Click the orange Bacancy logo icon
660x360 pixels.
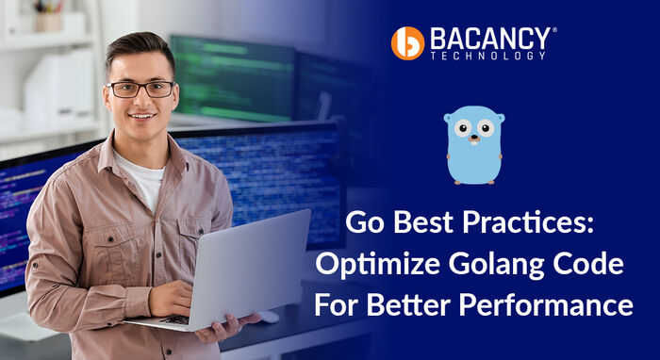(x=407, y=42)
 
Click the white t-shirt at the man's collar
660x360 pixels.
(x=141, y=174)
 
